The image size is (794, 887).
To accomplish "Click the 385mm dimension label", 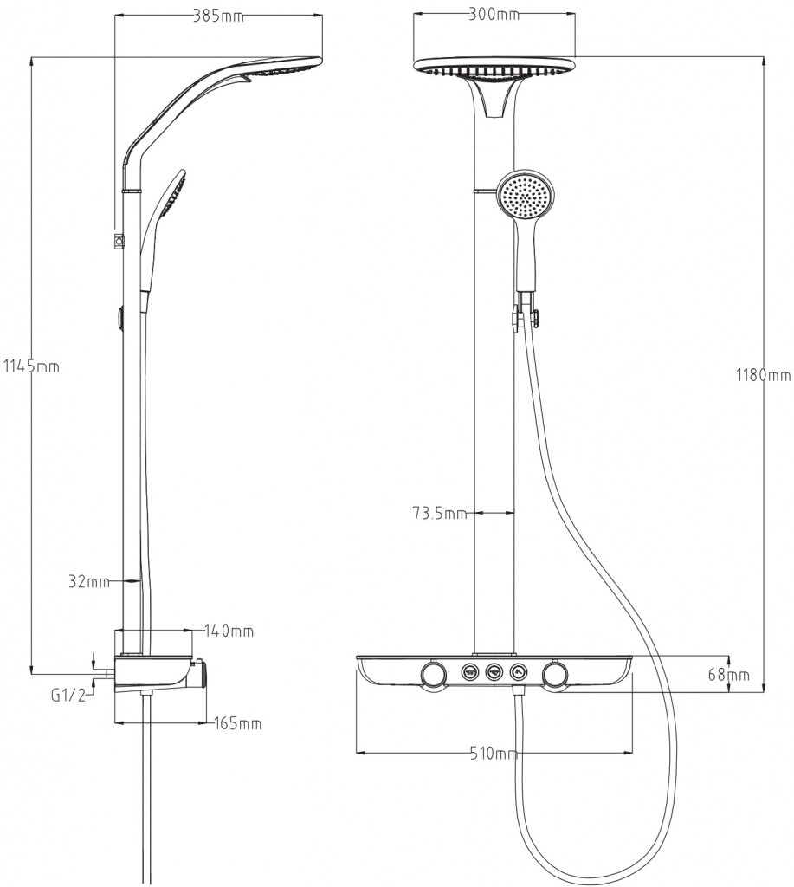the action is click(219, 16).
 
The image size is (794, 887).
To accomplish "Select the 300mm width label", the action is click(494, 14).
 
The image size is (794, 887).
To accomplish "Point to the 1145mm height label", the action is click(31, 366).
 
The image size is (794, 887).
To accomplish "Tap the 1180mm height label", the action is click(764, 374).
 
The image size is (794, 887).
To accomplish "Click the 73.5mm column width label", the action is click(439, 514).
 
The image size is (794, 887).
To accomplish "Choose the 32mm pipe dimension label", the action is click(89, 581).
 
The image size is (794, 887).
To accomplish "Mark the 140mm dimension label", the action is click(229, 631).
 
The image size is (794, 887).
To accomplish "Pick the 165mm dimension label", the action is click(238, 723).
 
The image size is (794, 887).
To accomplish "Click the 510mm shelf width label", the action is click(494, 753).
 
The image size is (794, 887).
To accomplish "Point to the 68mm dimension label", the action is click(728, 674).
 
